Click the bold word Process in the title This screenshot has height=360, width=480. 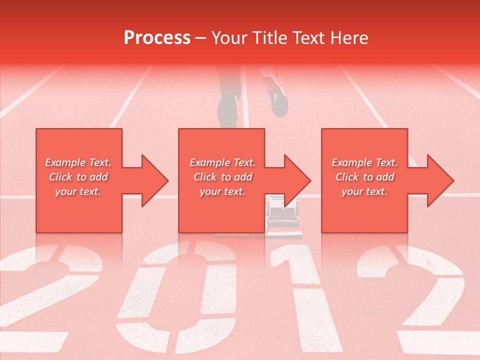(157, 38)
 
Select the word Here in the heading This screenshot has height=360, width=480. (350, 38)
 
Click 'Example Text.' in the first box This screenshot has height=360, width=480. (78, 162)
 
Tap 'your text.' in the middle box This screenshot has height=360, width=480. (222, 191)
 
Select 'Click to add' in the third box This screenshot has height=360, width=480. (364, 177)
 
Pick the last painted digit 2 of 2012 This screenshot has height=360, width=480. (425, 300)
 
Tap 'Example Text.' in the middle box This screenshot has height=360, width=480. (222, 162)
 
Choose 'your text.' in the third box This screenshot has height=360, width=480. (364, 191)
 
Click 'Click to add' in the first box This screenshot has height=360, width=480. (78, 177)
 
